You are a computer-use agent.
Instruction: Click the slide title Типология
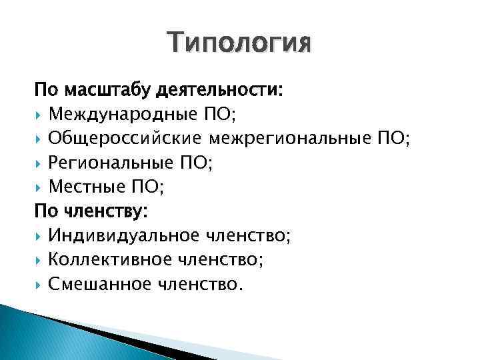coord(239,44)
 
